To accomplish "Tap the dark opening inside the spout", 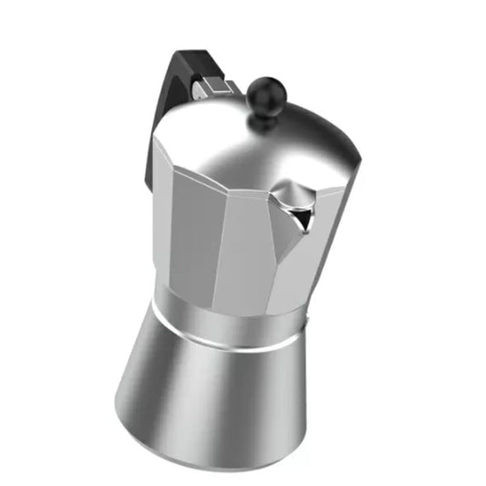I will pyautogui.click(x=298, y=214).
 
